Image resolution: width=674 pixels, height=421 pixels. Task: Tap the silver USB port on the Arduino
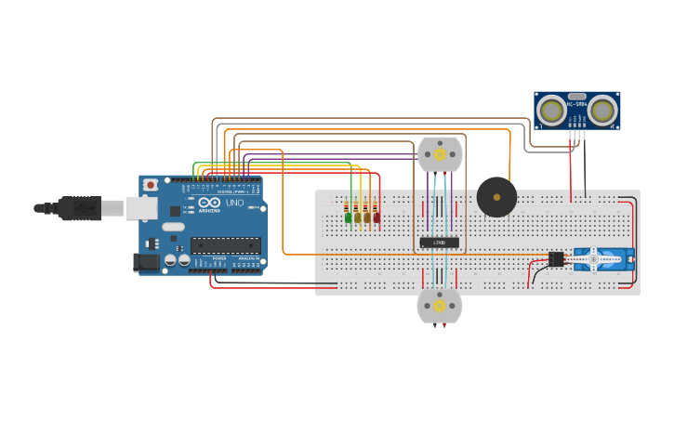pyautogui.click(x=141, y=208)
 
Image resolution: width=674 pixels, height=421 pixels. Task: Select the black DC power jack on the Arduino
pyautogui.click(x=146, y=262)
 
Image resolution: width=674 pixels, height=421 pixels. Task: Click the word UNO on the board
pyautogui.click(x=234, y=203)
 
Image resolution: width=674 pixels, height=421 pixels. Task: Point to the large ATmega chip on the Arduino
pyautogui.click(x=225, y=245)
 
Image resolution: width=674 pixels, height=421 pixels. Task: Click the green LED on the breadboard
pyautogui.click(x=349, y=218)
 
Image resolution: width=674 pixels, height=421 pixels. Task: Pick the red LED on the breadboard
pyautogui.click(x=377, y=218)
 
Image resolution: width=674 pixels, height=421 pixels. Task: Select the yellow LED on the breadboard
pyautogui.click(x=358, y=218)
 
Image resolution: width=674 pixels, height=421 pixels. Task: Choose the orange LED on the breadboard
pyautogui.click(x=367, y=218)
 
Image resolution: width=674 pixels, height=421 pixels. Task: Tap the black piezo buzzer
pyautogui.click(x=496, y=197)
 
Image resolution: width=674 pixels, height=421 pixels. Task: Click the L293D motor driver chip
pyautogui.click(x=439, y=243)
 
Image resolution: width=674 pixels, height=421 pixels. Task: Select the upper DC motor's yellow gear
pyautogui.click(x=440, y=154)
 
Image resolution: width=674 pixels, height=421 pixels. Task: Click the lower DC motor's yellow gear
pyautogui.click(x=440, y=306)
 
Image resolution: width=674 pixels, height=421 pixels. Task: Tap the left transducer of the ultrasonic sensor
pyautogui.click(x=552, y=111)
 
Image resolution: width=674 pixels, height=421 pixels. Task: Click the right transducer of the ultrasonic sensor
pyautogui.click(x=603, y=111)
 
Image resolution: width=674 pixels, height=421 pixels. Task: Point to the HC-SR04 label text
pyautogui.click(x=577, y=104)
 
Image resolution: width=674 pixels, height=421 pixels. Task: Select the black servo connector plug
pyautogui.click(x=556, y=259)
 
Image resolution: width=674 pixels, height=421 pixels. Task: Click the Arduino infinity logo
pyautogui.click(x=209, y=203)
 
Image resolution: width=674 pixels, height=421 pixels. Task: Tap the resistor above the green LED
pyautogui.click(x=349, y=206)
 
